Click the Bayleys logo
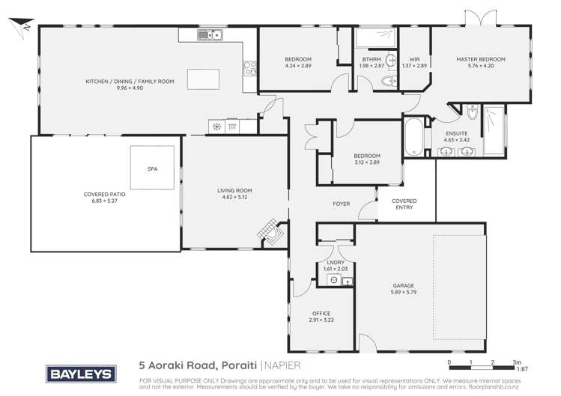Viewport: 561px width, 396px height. pyautogui.click(x=80, y=371)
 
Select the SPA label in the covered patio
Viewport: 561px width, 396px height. pyautogui.click(x=154, y=170)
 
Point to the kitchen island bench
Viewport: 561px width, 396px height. pyautogui.click(x=205, y=79)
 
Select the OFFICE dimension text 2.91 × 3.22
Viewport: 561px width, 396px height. pyautogui.click(x=320, y=320)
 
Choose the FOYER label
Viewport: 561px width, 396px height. pyautogui.click(x=342, y=204)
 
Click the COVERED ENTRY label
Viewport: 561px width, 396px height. pyautogui.click(x=404, y=204)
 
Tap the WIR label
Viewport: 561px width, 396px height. pyautogui.click(x=414, y=59)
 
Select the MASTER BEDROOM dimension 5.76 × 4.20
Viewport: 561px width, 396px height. pyautogui.click(x=482, y=66)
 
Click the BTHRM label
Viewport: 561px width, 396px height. pyautogui.click(x=371, y=59)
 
